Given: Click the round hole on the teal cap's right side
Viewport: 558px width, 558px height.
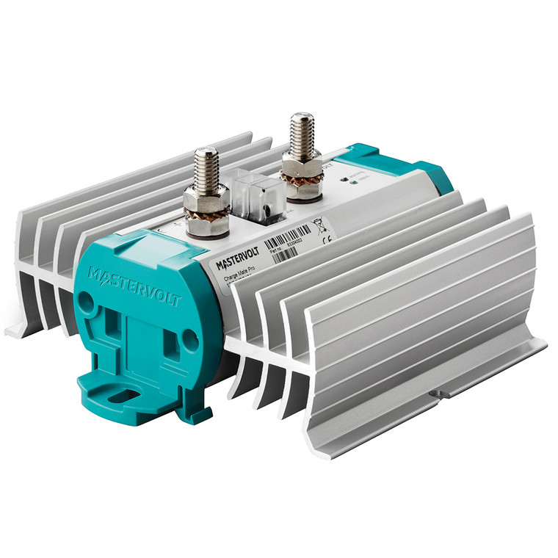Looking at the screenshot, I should (x=189, y=338).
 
